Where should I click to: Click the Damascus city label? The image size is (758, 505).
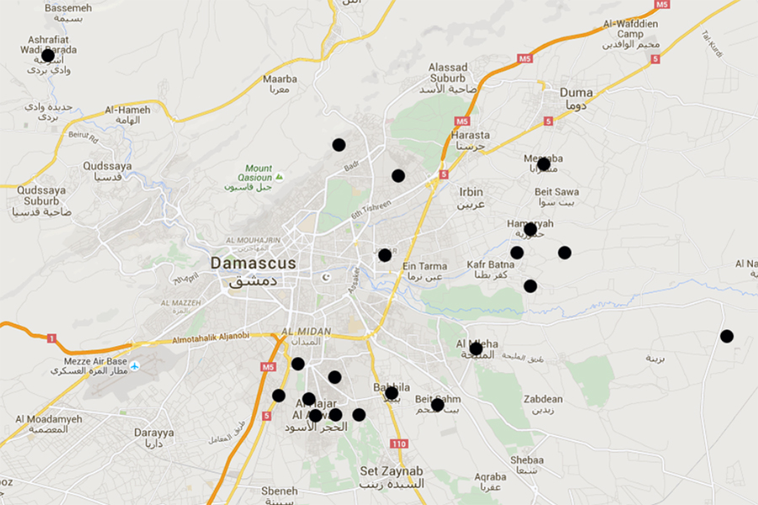pos(254,263)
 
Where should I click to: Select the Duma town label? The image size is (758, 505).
pos(576,93)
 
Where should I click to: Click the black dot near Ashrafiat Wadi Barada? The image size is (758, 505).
pos(48,56)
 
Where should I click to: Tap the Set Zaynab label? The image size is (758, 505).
pos(392,471)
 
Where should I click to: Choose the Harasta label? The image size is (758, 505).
pos(470,135)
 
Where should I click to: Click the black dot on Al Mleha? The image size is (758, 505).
pos(476,348)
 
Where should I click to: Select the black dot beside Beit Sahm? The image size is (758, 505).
pos(437,405)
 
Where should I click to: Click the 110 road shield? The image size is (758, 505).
pos(399,444)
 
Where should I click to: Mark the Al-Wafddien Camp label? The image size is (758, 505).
pos(629,29)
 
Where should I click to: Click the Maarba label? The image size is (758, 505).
pos(280,79)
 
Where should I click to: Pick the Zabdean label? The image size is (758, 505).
pos(543,399)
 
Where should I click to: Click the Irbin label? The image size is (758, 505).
pos(472,192)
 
